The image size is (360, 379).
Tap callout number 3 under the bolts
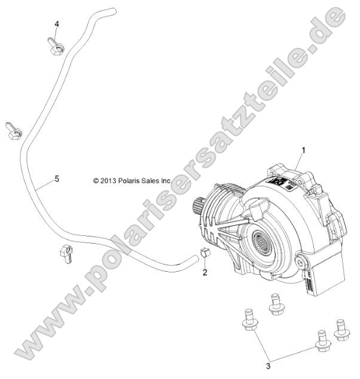269,365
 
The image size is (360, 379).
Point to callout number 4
57,24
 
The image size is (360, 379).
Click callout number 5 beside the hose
56,178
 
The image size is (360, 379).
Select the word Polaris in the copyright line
138,180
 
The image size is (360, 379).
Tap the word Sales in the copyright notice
161,180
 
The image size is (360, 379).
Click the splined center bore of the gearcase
264,239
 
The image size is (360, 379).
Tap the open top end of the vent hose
108,10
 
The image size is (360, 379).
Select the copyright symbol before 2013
96,180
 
